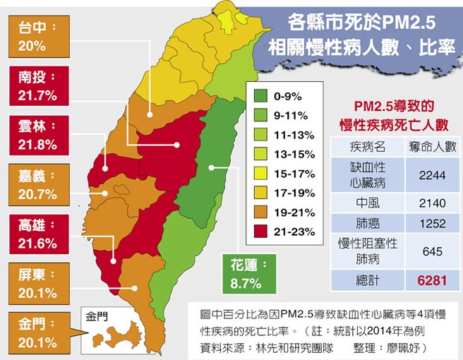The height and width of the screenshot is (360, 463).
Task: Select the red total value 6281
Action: (431, 281)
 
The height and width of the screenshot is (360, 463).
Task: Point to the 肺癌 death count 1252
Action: (431, 224)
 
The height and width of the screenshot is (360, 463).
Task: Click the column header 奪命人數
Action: (431, 147)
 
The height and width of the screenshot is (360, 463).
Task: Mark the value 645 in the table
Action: (431, 251)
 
